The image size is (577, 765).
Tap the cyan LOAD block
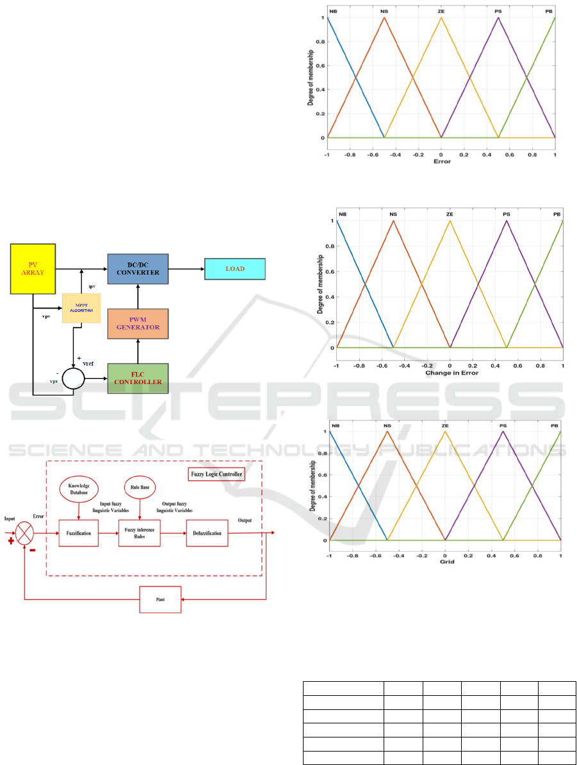point(234,269)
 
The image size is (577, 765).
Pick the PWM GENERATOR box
point(137,325)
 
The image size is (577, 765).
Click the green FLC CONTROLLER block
point(137,379)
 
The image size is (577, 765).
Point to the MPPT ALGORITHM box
point(81,309)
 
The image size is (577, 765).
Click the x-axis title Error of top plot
point(441,161)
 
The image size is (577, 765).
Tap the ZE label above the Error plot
point(441,11)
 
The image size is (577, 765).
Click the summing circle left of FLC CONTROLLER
point(74,379)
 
